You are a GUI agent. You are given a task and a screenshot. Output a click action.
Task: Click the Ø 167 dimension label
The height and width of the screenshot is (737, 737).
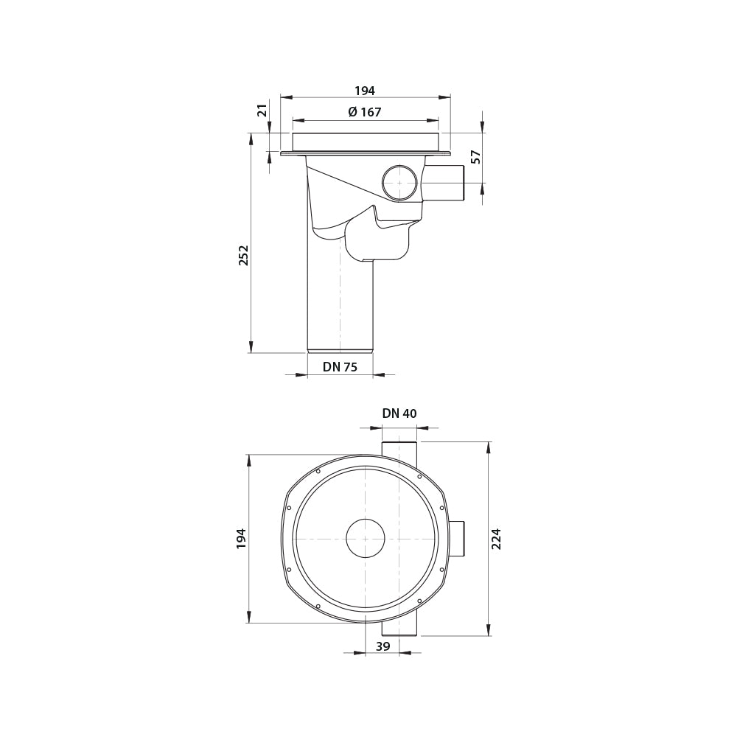pyautogui.click(x=365, y=112)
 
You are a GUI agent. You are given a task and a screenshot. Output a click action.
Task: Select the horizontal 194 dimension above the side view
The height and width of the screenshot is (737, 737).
pyautogui.click(x=365, y=91)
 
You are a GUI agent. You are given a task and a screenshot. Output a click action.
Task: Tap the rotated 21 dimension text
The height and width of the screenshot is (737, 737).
pyautogui.click(x=262, y=110)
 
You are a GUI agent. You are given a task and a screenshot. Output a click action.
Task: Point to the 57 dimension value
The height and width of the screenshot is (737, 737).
pyautogui.click(x=476, y=156)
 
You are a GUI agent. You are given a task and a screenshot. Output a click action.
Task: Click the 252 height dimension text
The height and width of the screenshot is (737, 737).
pyautogui.click(x=244, y=255)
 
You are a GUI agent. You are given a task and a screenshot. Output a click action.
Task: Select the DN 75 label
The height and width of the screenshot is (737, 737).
pyautogui.click(x=340, y=367)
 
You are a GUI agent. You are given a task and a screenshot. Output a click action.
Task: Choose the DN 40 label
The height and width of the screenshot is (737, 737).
pyautogui.click(x=399, y=413)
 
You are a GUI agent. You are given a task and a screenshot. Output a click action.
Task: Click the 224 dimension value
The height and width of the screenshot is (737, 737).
pyautogui.click(x=497, y=538)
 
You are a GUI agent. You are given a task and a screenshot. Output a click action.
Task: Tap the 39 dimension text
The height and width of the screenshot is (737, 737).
pyautogui.click(x=383, y=646)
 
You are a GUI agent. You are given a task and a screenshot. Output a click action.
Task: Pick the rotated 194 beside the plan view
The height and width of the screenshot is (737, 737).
pyautogui.click(x=242, y=538)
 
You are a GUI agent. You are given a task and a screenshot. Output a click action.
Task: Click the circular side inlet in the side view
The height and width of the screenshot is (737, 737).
pyautogui.click(x=399, y=183)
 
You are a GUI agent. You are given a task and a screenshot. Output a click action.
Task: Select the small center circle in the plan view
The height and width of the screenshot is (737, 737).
pyautogui.click(x=366, y=538)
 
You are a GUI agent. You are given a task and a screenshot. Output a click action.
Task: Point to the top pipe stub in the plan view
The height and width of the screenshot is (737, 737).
pyautogui.click(x=399, y=451)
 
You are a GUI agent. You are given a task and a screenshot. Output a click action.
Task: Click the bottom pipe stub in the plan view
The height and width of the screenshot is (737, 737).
pyautogui.click(x=399, y=628)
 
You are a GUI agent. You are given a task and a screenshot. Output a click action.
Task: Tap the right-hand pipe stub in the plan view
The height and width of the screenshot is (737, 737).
pyautogui.click(x=457, y=538)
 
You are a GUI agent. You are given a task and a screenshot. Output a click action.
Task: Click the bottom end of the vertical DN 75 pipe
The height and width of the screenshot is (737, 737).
pyautogui.click(x=340, y=350)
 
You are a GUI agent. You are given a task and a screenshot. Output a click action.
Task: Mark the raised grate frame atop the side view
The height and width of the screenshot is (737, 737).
pyautogui.click(x=366, y=142)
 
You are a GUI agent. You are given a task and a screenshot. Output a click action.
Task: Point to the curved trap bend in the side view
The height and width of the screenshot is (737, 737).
pyautogui.click(x=376, y=240)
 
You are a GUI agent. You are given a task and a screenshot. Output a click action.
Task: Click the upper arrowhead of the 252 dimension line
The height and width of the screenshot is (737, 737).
pyautogui.click(x=251, y=139)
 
